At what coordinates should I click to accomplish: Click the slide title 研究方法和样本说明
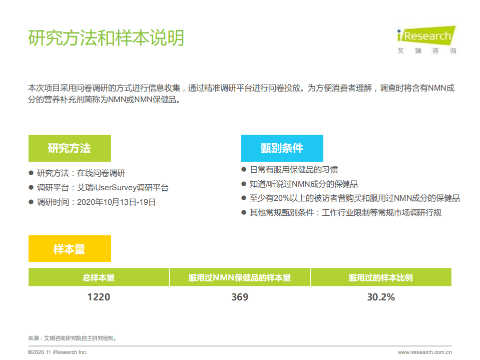click(106, 38)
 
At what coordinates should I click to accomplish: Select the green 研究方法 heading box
click(70, 148)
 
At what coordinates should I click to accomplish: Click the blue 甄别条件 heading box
click(282, 148)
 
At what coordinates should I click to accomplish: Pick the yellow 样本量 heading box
click(70, 249)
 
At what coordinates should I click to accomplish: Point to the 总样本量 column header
click(99, 277)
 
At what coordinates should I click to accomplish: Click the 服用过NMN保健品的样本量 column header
click(240, 277)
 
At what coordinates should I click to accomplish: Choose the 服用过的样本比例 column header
click(381, 277)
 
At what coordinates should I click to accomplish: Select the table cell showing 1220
click(99, 297)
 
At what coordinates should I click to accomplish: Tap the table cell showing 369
click(240, 297)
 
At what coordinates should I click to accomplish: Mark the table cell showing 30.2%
click(381, 297)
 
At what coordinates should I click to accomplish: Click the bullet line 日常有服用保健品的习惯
click(293, 170)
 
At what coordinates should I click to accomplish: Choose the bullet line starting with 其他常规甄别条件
click(345, 213)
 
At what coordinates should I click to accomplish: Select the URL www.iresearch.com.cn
click(425, 352)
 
